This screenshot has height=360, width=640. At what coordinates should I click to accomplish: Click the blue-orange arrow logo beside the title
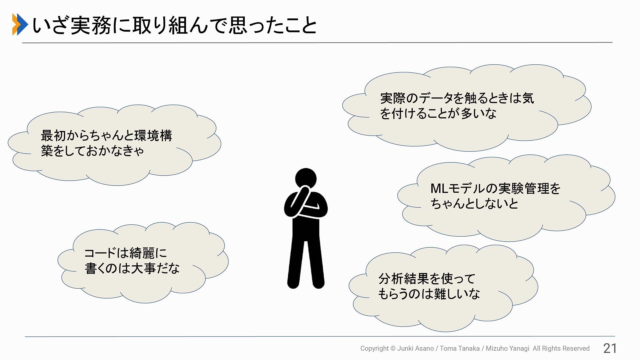[20, 24]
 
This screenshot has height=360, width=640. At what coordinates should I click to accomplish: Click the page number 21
[610, 348]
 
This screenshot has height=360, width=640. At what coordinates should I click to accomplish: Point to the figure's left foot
[293, 283]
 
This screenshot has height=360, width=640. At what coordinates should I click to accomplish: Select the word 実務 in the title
[90, 26]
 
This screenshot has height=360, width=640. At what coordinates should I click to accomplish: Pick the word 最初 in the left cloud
[53, 136]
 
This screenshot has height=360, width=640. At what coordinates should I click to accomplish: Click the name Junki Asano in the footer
[415, 348]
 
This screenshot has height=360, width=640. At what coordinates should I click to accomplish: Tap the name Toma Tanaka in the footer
[459, 348]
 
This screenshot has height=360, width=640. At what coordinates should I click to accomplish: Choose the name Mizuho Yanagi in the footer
[507, 348]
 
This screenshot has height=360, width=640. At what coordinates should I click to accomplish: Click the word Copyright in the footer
[374, 348]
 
